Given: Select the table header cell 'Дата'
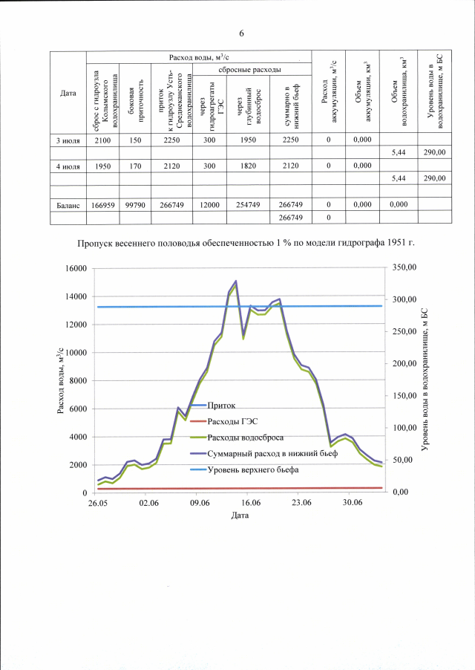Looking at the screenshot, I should coord(68,93).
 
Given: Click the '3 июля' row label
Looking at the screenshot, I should coord(68,140).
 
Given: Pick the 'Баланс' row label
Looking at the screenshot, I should coord(68,204).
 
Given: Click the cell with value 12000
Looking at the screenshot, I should coord(209,204).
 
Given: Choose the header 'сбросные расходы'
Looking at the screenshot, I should coord(249,69).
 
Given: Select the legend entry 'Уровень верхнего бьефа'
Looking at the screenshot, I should coord(253,469).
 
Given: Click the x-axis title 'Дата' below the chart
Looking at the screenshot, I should coord(240,515).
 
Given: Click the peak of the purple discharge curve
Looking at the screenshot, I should coord(235,281).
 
